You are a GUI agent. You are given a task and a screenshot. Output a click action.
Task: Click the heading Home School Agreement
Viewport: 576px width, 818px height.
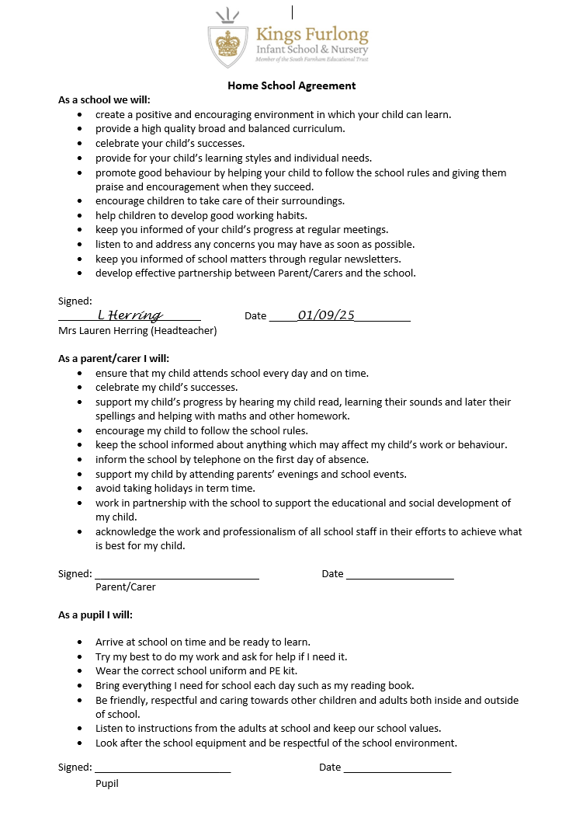point(291,86)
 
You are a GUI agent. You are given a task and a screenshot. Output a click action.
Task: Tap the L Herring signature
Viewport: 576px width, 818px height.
point(130,315)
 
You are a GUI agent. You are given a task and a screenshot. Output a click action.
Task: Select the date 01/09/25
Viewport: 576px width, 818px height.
point(326,315)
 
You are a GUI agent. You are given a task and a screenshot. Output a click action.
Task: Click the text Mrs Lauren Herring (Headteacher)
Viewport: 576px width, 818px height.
point(137,330)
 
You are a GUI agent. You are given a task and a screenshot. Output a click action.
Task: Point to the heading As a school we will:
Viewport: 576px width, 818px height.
point(104,100)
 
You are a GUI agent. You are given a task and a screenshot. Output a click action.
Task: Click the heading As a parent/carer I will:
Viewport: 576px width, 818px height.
point(113,359)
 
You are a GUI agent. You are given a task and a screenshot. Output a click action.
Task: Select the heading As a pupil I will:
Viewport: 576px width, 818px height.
point(95,615)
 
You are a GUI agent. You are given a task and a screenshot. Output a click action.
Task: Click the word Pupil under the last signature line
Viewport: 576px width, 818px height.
point(107,783)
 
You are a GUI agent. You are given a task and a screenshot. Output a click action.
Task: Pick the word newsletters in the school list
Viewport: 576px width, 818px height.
point(375,259)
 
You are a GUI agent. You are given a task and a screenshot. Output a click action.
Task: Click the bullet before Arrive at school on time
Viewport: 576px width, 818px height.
point(81,642)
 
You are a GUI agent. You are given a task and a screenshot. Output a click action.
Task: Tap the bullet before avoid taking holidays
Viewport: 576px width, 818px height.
point(81,489)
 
